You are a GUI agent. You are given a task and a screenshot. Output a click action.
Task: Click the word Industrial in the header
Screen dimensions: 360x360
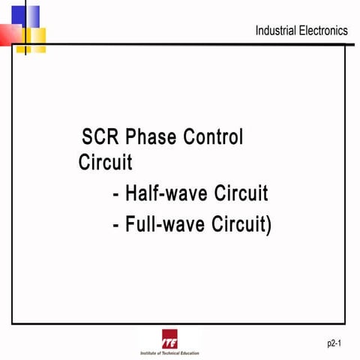(277, 31)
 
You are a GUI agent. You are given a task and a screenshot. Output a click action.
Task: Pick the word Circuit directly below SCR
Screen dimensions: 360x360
(105, 163)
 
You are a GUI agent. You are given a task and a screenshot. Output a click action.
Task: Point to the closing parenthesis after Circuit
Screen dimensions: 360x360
(268, 224)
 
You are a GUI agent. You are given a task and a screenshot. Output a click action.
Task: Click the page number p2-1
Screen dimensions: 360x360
(334, 343)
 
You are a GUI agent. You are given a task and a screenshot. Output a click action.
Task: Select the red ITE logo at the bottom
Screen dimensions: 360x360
(169, 337)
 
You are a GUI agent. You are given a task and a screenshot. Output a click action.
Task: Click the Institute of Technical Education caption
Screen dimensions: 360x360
(169, 352)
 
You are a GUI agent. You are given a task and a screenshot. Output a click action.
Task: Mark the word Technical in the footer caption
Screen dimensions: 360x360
(169, 352)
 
